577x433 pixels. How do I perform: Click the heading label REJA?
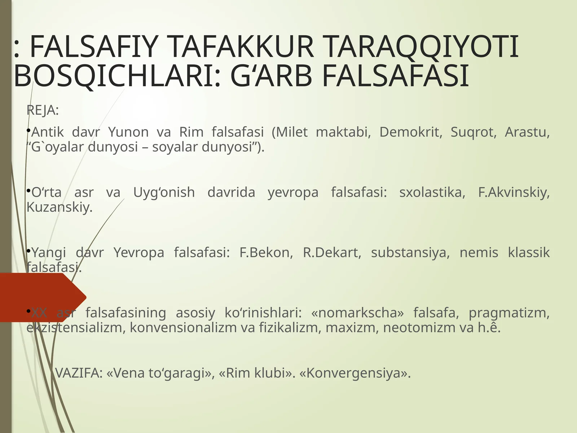point(43,110)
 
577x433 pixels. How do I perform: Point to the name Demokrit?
point(411,132)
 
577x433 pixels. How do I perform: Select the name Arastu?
point(527,132)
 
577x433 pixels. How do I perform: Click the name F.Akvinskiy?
point(514,192)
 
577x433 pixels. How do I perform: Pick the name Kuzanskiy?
point(60,207)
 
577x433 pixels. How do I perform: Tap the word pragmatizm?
point(509,312)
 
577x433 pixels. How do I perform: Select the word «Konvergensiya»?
point(355,373)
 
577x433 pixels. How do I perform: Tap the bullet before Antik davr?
point(28,130)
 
